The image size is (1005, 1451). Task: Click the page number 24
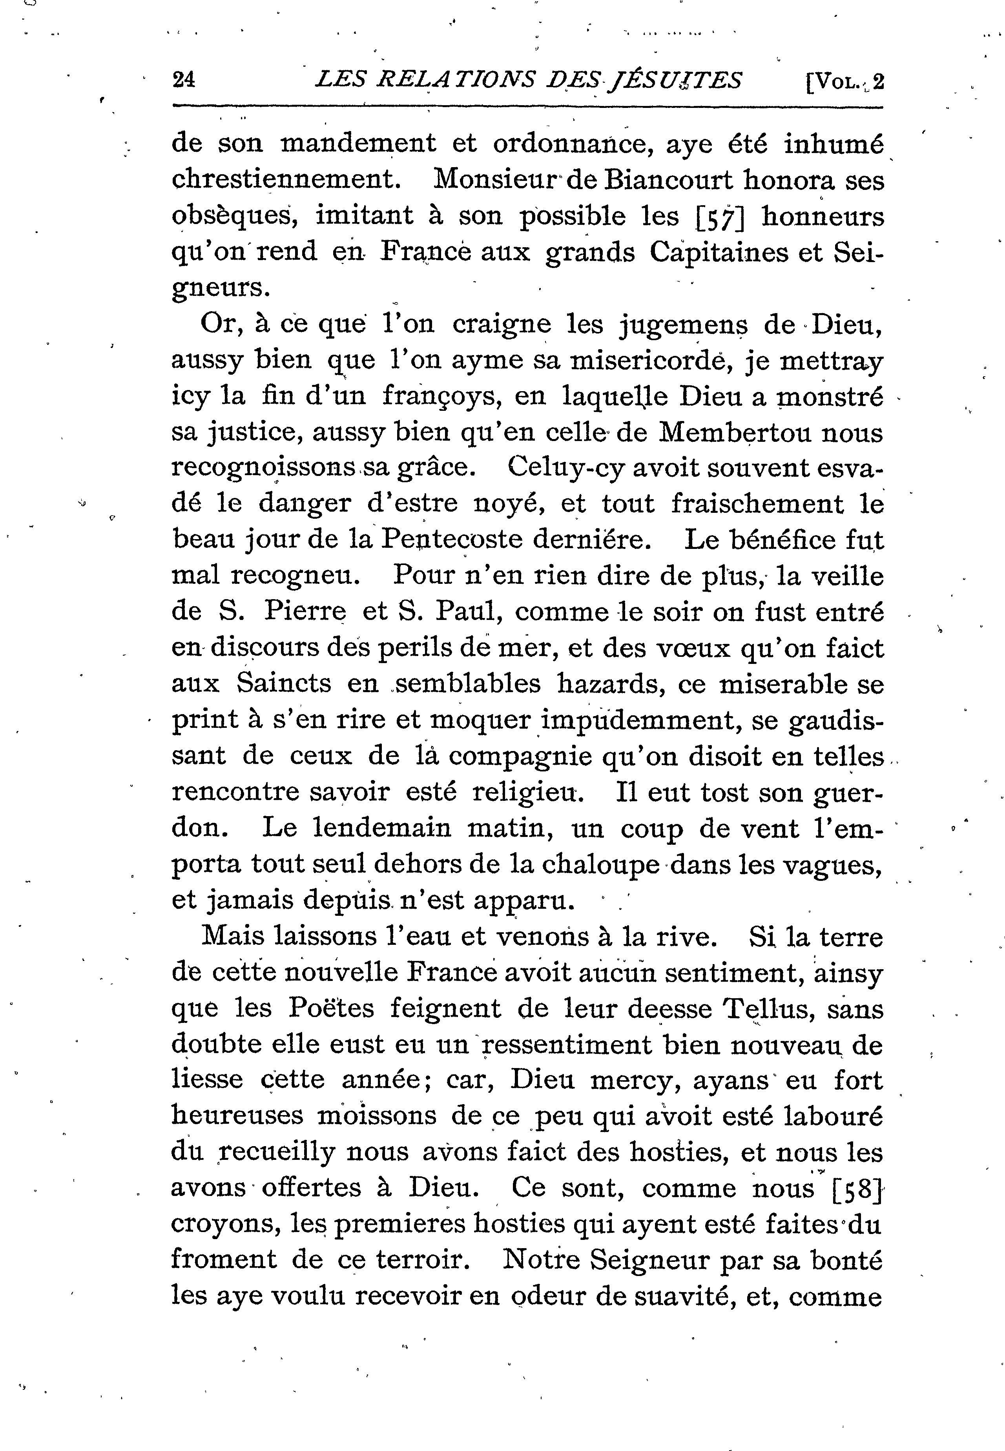click(184, 80)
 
